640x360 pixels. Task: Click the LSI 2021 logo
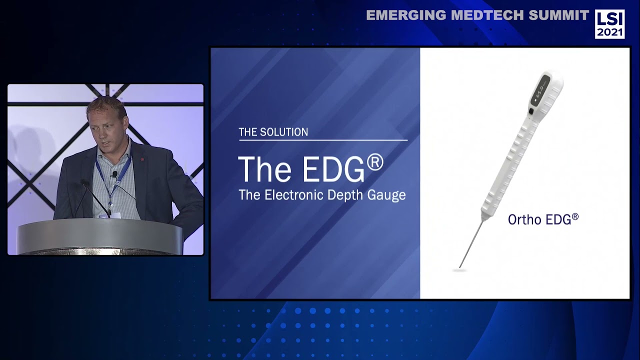609,24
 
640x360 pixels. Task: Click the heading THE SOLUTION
273,132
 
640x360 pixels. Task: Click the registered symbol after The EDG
375,162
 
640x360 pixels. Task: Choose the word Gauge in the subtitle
385,195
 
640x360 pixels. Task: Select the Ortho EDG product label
543,219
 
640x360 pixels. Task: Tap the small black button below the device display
530,110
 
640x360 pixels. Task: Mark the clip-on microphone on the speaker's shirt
114,174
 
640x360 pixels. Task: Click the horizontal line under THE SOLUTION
323,140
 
